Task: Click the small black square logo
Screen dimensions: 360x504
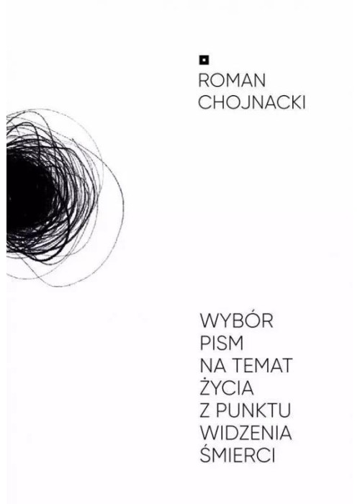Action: [x=204, y=60]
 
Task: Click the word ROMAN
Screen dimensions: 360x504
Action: [x=232, y=81]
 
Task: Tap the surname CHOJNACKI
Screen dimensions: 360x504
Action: [x=252, y=103]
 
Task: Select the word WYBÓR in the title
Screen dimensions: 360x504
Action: [x=237, y=320]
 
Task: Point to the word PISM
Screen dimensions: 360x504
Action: [x=222, y=343]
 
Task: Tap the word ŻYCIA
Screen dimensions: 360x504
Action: [x=227, y=386]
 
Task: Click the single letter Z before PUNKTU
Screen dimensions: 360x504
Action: [x=205, y=410]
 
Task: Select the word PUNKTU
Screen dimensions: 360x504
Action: [x=253, y=410]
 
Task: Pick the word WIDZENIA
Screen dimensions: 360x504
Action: [x=246, y=433]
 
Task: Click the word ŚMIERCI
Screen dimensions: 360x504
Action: [x=238, y=454]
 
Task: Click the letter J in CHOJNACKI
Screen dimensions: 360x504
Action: [x=246, y=103]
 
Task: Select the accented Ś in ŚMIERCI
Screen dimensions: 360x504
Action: [x=205, y=454]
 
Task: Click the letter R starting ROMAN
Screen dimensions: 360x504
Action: [x=204, y=81]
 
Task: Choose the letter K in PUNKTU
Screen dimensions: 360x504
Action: [x=259, y=410]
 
